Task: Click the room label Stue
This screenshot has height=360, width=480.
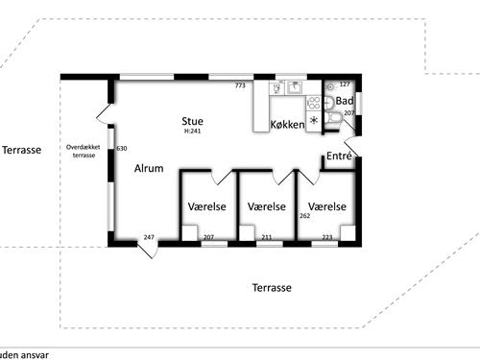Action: coord(193,121)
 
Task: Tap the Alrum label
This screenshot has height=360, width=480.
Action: coord(148,168)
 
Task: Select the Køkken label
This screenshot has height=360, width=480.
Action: coord(287,125)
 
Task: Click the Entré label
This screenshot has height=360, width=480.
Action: coord(339,156)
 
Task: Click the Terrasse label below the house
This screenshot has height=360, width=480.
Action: coord(272,287)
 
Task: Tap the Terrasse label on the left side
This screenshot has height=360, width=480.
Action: coord(21,151)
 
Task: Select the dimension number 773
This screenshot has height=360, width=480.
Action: coord(241,85)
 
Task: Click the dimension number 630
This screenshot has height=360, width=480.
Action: coord(121,149)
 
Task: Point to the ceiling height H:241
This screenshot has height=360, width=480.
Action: coord(193,132)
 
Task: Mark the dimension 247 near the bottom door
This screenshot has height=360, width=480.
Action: coord(149,236)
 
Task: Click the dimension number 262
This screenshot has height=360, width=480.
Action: coord(304,216)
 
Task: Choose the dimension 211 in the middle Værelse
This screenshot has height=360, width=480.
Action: coord(266,236)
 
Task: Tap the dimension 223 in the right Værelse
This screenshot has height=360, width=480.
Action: coord(326,236)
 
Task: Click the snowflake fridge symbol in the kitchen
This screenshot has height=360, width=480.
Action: coord(313,121)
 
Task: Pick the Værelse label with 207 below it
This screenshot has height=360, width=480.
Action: coord(207,206)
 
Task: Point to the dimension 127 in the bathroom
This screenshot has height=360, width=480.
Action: coord(346,84)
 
